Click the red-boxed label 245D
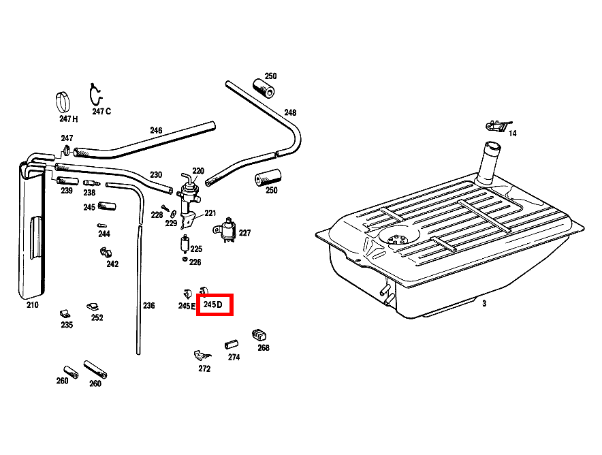(213, 305)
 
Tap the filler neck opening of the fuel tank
(492, 146)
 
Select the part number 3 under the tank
(484, 304)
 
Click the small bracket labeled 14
(498, 125)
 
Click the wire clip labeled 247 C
(95, 95)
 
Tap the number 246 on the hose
(156, 131)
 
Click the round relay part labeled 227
(227, 230)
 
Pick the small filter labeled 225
(185, 245)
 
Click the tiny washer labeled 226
(185, 260)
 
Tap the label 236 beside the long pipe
(149, 306)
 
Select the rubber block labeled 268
(259, 335)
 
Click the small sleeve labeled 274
(231, 345)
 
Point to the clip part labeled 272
(202, 355)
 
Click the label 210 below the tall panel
(33, 305)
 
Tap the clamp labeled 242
(105, 252)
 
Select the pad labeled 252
(93, 307)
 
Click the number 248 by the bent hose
(290, 112)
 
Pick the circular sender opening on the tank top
(398, 236)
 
